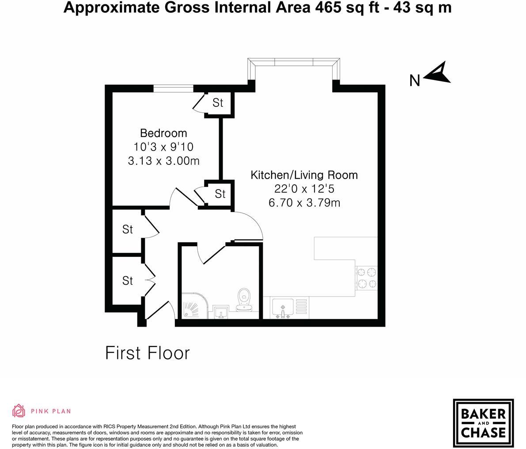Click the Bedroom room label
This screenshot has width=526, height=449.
pos(163,133)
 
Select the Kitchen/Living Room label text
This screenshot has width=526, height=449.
pos(304,175)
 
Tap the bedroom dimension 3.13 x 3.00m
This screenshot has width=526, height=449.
pos(163,161)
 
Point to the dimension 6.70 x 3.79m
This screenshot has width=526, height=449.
pos(304,203)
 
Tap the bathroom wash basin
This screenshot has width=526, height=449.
pos(220,312)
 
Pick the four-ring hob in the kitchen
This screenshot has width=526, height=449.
pos(367,278)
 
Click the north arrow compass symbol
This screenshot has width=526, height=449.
pos(437,73)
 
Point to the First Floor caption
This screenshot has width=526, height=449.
pos(148,353)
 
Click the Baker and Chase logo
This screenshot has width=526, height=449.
pos(483,423)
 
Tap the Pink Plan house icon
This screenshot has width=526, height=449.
pos(19,411)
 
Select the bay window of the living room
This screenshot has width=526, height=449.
pos(294,63)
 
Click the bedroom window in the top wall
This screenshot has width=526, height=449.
pos(173,89)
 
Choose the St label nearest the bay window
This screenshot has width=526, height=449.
pos(218,103)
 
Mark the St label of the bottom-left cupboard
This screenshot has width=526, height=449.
pos(128,281)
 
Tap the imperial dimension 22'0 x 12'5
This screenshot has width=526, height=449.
pos(304,189)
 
